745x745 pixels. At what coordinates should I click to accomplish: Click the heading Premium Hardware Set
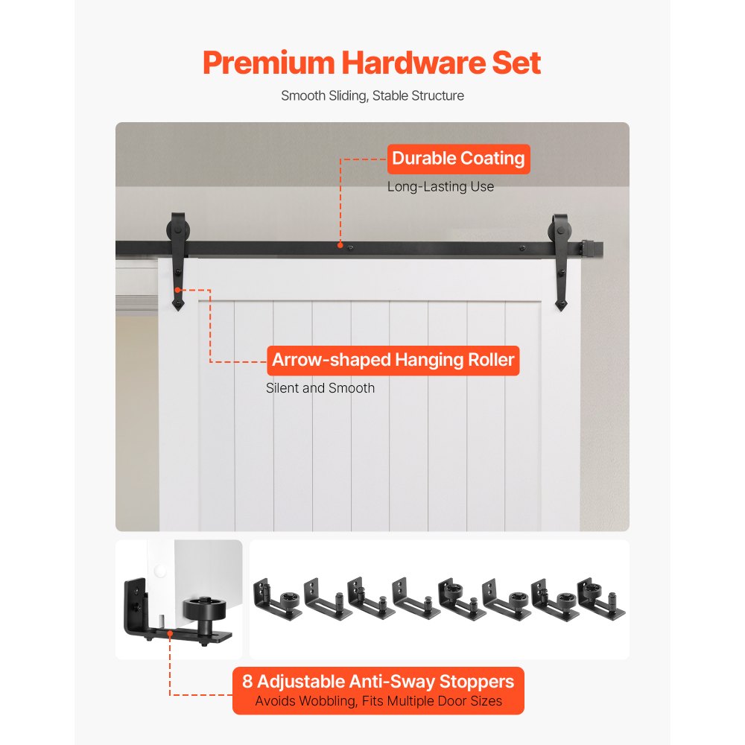(x=372, y=63)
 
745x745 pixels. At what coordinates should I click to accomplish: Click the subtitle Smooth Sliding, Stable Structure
(x=372, y=95)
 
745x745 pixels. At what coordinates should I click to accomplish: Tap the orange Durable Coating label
(x=457, y=159)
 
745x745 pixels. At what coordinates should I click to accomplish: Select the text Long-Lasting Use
(x=440, y=186)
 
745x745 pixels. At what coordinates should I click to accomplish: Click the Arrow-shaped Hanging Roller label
(x=393, y=361)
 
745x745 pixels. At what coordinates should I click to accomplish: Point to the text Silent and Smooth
(x=320, y=387)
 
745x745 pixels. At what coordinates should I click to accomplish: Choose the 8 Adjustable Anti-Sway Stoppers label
(x=378, y=681)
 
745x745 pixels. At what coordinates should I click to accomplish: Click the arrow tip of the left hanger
(x=177, y=304)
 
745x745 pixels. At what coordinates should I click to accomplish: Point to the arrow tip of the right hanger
(x=562, y=304)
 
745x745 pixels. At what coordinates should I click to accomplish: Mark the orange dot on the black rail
(x=340, y=244)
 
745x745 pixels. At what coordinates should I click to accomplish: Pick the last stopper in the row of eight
(x=600, y=596)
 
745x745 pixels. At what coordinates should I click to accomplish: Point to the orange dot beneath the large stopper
(x=171, y=634)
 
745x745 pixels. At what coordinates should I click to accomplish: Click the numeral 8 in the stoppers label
(x=247, y=681)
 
